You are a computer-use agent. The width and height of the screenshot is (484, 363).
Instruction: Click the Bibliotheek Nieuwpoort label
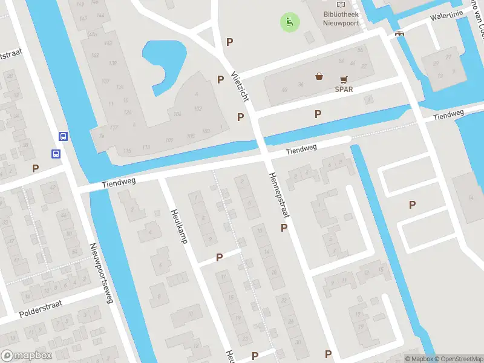click(x=341, y=19)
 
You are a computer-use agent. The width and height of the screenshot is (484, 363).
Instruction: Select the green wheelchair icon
click(x=289, y=23)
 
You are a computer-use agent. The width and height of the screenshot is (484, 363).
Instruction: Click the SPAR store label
click(x=344, y=89)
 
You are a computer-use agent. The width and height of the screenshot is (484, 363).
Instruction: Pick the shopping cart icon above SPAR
click(x=344, y=79)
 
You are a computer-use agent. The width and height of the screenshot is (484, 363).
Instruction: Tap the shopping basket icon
click(x=319, y=76)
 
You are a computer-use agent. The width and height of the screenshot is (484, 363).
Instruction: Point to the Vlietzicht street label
click(x=240, y=86)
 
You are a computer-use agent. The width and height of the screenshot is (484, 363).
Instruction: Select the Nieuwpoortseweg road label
click(x=102, y=273)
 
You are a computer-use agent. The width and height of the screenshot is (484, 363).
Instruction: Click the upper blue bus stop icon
click(x=63, y=136)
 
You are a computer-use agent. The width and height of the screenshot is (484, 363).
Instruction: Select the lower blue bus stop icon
click(x=56, y=154)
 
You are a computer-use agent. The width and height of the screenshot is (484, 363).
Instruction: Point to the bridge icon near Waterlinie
click(x=399, y=33)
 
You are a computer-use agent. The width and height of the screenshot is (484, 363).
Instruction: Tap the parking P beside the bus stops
click(x=36, y=168)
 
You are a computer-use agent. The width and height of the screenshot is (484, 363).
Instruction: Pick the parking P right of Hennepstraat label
click(x=284, y=227)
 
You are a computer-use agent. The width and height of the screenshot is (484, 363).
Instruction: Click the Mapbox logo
click(x=26, y=356)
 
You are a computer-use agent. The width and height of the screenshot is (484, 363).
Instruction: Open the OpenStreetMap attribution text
click(x=457, y=359)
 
